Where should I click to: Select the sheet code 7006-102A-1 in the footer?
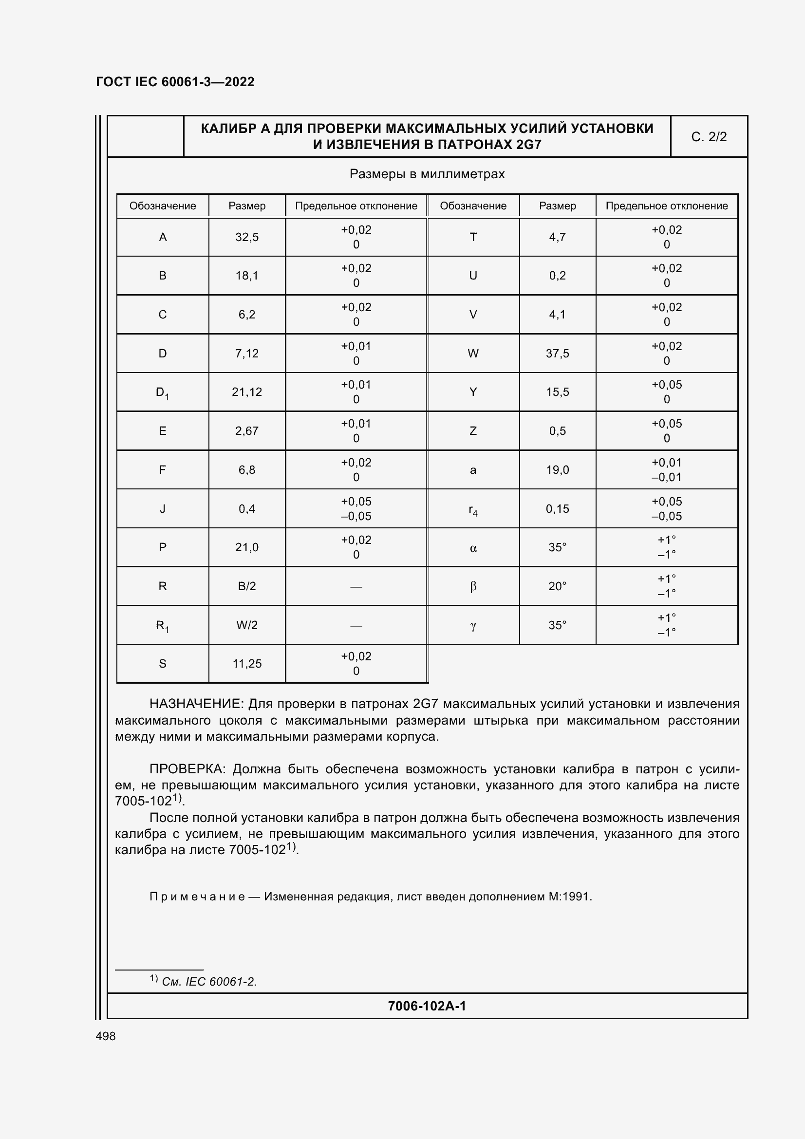pyautogui.click(x=427, y=1006)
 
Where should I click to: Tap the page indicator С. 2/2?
pyautogui.click(x=709, y=137)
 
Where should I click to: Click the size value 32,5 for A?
pyautogui.click(x=247, y=237)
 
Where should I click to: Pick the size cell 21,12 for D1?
pyautogui.click(x=247, y=392)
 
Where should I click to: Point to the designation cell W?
pyautogui.click(x=473, y=353)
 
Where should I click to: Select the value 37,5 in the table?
pyautogui.click(x=558, y=353)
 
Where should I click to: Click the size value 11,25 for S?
pyautogui.click(x=247, y=663)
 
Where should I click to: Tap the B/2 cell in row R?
pyautogui.click(x=247, y=586)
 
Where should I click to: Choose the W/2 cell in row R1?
pyautogui.click(x=247, y=625)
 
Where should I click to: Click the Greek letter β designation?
pyautogui.click(x=473, y=586)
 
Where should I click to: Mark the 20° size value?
pyautogui.click(x=558, y=586)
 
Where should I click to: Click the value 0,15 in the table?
pyautogui.click(x=558, y=508)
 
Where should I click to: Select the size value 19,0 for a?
pyautogui.click(x=558, y=470)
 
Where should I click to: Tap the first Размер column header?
pyautogui.click(x=247, y=206)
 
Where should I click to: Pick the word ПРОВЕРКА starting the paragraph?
pyautogui.click(x=187, y=769)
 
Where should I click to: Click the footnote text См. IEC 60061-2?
pyautogui.click(x=209, y=981)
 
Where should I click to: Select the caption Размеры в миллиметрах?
pyautogui.click(x=427, y=174)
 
